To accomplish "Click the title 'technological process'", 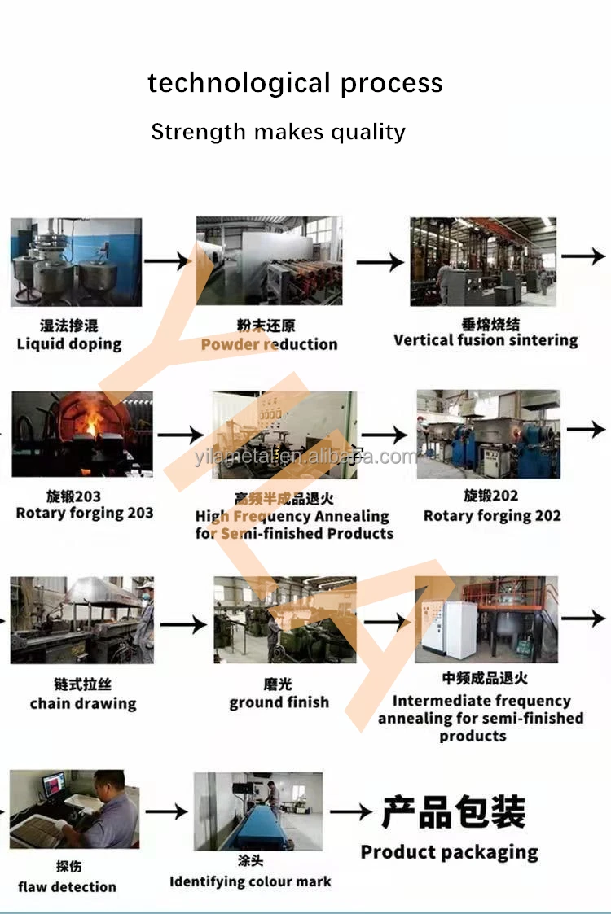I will tap(295, 83).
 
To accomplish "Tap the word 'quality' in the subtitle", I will tap(367, 132).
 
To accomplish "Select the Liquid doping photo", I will tap(76, 261).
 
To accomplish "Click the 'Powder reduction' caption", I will tap(269, 344).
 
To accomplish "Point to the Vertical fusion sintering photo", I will tap(483, 261).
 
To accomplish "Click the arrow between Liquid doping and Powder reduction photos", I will tap(167, 261).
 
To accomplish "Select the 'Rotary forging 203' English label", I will tap(85, 513).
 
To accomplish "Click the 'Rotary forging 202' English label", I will tap(492, 515).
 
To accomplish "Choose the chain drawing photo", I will tap(81, 619).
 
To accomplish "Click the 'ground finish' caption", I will tap(279, 702).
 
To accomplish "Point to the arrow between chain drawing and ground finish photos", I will tap(183, 624).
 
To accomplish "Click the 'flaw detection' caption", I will tap(67, 886).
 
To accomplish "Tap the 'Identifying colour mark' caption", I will tap(250, 881).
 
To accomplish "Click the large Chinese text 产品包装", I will tap(453, 811).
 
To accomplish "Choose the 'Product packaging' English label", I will tap(449, 852).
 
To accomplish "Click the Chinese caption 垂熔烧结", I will tap(485, 323).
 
